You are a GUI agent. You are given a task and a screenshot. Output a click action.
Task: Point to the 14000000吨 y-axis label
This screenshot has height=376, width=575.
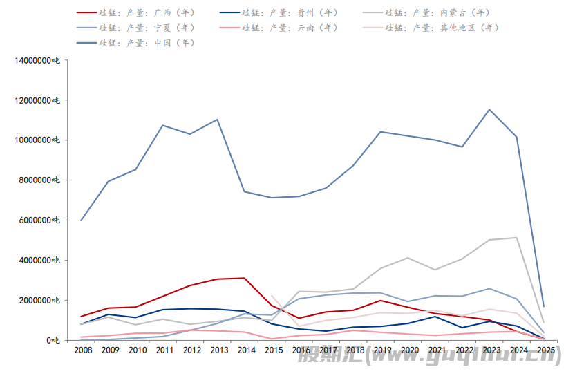[38, 60]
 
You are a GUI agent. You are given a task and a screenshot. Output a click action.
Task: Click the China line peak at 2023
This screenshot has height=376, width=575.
[489, 109]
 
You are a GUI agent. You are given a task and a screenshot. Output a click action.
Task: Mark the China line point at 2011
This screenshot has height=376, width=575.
[162, 125]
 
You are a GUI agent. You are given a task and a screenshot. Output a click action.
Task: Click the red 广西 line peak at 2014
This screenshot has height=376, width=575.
[244, 278]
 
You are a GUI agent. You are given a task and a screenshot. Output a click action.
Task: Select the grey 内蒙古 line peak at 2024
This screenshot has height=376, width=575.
[516, 238]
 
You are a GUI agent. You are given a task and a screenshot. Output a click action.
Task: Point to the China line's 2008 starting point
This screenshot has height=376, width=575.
[82, 220]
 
